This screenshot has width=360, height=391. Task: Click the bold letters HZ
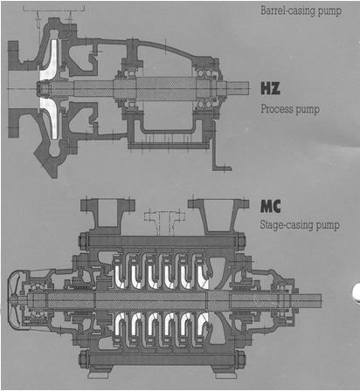pyautogui.click(x=271, y=88)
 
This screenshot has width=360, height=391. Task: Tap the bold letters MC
pyautogui.click(x=271, y=207)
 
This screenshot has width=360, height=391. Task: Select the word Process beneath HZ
pyautogui.click(x=277, y=109)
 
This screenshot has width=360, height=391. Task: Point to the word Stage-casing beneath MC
pyautogui.click(x=287, y=225)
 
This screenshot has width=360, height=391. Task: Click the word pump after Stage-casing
pyautogui.click(x=328, y=226)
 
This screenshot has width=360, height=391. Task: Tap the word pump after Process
pyautogui.click(x=308, y=110)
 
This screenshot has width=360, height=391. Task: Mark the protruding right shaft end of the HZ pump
pyautogui.click(x=238, y=88)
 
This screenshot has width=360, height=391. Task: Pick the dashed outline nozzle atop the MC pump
pyautogui.click(x=165, y=222)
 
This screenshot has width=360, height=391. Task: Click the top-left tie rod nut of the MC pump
pyautogui.click(x=84, y=241)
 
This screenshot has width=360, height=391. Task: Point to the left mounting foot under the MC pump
pyautogui.click(x=100, y=373)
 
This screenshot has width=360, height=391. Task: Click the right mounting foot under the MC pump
pyautogui.click(x=225, y=373)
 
